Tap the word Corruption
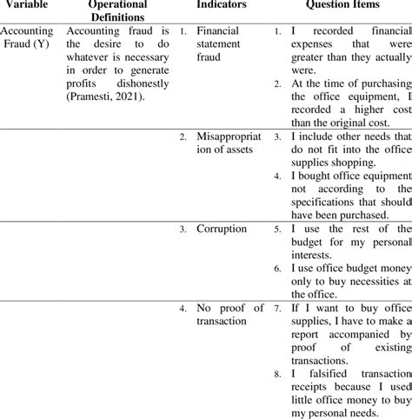(222, 229)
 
